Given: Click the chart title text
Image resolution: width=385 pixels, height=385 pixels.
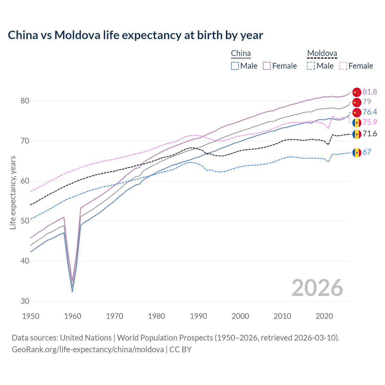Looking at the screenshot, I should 135,35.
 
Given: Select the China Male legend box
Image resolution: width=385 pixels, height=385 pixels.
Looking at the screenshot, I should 235,66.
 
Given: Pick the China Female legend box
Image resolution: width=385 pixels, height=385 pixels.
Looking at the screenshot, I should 267,66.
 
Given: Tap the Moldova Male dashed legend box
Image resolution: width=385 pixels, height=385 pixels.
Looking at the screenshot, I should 311,66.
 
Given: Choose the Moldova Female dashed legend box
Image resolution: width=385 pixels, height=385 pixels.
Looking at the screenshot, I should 343,66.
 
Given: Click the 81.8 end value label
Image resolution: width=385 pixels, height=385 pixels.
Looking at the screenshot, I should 370,92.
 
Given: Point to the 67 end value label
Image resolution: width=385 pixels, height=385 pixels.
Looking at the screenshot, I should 367,152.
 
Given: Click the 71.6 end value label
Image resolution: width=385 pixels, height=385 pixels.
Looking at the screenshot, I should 370,134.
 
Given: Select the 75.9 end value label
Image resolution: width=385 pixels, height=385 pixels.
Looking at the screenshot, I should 370,122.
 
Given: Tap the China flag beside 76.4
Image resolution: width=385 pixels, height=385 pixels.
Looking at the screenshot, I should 357,112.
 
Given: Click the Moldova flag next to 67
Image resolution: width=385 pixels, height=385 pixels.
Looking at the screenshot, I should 357,152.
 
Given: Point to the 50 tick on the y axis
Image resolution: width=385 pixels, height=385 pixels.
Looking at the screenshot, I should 25,221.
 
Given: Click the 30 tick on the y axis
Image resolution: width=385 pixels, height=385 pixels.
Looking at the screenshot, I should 25,301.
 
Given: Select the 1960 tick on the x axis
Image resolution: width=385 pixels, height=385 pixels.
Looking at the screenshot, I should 72,316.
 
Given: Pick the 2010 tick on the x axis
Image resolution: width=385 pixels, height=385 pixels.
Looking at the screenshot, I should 282,316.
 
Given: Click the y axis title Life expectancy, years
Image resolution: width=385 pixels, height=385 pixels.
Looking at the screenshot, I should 13,192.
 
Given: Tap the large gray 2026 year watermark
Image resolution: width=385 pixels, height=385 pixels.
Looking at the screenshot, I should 317,288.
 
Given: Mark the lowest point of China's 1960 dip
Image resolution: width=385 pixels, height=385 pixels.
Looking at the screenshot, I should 72,291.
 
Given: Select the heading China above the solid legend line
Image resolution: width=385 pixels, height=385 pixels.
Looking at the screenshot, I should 241,53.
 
